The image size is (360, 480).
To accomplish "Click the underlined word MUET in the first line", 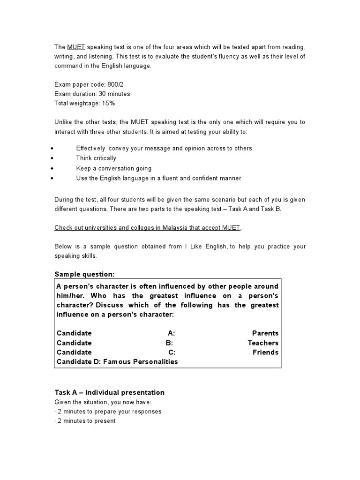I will pos(76,47).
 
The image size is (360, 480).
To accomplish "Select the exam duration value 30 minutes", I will pos(114,94).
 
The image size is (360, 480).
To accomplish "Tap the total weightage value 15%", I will pos(108,103).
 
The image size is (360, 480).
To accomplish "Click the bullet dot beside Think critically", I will pos(51,158).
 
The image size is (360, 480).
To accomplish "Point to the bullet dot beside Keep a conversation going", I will pos(51,168).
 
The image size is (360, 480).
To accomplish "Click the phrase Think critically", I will pos(96,158).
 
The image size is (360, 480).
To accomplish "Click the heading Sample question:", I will pos(84,274).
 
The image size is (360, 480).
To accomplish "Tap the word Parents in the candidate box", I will pos(265,333).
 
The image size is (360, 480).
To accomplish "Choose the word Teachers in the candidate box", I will pos(263,343).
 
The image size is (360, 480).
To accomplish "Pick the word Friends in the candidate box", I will pos(265,352).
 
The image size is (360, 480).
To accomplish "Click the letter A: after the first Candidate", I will pos(171,333).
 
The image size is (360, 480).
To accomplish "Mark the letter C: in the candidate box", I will pos(172,352).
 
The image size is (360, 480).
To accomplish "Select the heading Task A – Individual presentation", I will pos(110,392).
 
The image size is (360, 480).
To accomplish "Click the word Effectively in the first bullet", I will pos(91,149).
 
